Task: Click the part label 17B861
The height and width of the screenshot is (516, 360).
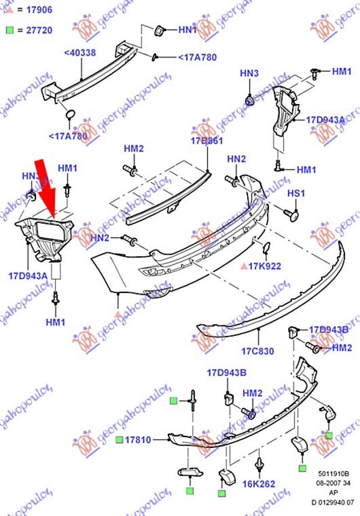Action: tap(206, 141)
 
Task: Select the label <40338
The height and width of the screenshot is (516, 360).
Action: tap(80, 53)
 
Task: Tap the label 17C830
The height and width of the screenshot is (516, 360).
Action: tap(258, 351)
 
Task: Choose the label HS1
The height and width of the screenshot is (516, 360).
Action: tap(297, 194)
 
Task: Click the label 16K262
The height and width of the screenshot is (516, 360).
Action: tap(259, 484)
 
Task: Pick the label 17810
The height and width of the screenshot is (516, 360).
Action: tap(138, 439)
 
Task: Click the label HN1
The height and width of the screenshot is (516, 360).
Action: tap(188, 30)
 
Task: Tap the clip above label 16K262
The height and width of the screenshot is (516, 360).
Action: tap(259, 466)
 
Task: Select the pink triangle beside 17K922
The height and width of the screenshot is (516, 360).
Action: tap(243, 266)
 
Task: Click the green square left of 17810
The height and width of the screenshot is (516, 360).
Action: tap(119, 439)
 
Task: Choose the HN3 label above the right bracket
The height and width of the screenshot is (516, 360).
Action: tap(249, 73)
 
